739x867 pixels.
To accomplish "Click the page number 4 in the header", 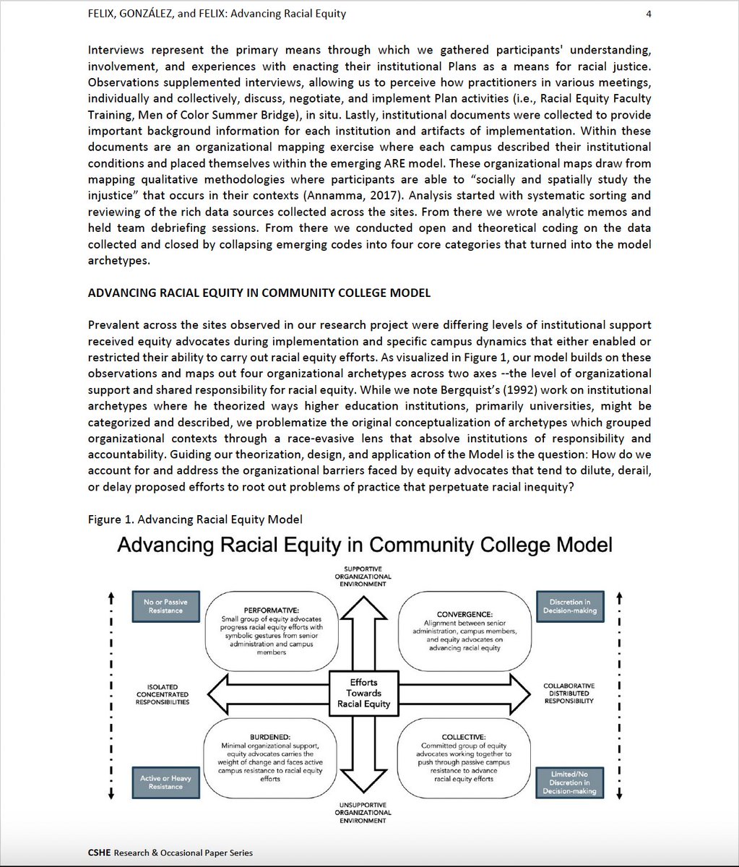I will pos(648,13).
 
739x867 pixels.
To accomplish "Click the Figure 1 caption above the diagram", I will pos(195,519).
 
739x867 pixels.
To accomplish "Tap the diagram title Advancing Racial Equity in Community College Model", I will pos(365,544).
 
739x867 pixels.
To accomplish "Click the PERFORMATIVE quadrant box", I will pos(272,626).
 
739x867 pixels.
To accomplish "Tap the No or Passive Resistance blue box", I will pos(165,606).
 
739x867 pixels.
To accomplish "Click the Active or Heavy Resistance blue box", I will pos(165,782).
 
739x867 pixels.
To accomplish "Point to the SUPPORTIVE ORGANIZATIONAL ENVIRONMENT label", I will pos(363,576).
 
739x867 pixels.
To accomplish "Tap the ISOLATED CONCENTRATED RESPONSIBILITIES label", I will pos(162,694).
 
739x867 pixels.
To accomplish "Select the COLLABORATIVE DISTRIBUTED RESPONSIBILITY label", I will pos(569,693).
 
